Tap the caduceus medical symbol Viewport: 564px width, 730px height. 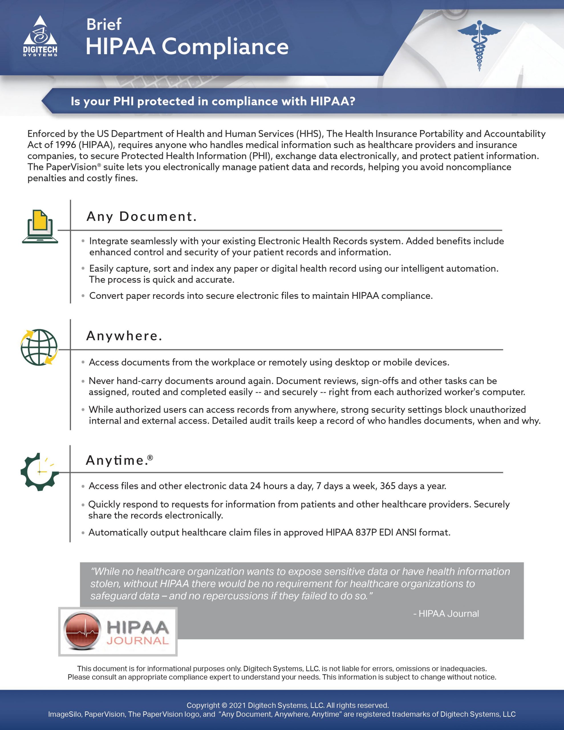479,45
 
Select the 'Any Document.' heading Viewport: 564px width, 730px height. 141,217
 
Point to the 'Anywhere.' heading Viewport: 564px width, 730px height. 124,336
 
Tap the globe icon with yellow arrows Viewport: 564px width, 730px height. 39,347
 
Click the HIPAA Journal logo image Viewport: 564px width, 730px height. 118,631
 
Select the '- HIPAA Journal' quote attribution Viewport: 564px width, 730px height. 446,613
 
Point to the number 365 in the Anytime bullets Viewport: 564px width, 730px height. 388,486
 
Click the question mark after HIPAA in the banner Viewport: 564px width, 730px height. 351,101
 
